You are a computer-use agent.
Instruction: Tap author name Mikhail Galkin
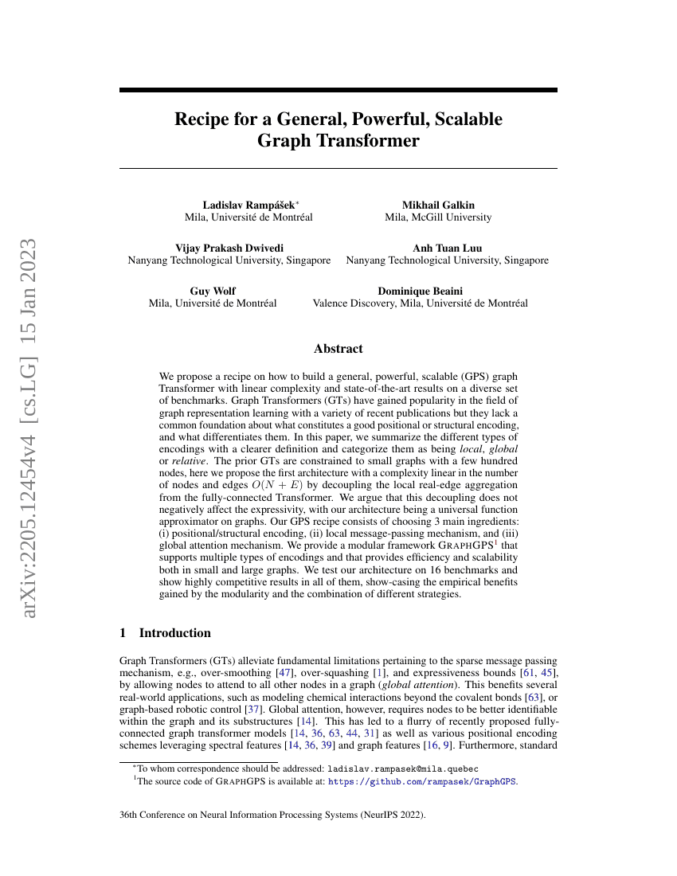438,205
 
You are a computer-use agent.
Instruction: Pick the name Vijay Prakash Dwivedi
229,248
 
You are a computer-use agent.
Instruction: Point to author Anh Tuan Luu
447,248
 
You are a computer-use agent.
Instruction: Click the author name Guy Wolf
213,291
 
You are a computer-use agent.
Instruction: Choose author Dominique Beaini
420,291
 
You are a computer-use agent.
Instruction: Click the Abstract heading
338,349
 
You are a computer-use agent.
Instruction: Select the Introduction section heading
174,633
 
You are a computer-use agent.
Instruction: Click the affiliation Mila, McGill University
438,217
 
